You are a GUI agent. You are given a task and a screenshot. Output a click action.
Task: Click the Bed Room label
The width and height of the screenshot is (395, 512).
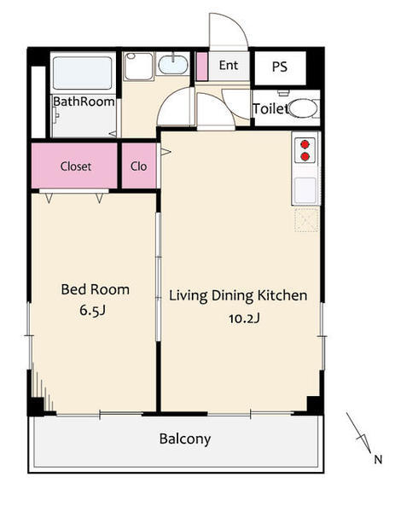point(95,289)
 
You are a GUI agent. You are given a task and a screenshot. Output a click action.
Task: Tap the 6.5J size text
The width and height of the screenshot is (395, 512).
point(93,311)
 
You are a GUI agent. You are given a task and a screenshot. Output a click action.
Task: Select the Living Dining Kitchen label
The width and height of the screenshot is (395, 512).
point(238,296)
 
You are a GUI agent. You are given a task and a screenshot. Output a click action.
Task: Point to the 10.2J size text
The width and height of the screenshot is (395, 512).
point(244,318)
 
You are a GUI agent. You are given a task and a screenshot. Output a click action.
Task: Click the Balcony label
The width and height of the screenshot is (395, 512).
point(185,439)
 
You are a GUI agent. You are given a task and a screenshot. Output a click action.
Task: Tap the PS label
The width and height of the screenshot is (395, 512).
point(280,67)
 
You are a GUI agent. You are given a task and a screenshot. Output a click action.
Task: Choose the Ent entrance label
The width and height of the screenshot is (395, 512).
point(229,66)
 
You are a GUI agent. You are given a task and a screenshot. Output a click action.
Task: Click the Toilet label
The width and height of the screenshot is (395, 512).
point(270,108)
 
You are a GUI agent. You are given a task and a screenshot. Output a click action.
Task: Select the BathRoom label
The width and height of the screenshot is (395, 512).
point(84,102)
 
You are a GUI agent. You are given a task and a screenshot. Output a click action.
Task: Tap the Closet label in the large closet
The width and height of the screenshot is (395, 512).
point(76,166)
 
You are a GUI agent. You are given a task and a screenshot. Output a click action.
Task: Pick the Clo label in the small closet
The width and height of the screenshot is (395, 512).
point(139,166)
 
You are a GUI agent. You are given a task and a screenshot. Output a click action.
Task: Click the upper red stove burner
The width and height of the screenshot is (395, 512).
point(305,144)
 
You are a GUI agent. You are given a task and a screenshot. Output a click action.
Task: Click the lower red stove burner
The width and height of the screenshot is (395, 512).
point(305,157)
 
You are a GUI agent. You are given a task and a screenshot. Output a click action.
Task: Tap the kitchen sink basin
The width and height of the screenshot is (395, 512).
point(305,190)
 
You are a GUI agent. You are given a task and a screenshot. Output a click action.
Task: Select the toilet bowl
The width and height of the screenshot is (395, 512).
point(303,108)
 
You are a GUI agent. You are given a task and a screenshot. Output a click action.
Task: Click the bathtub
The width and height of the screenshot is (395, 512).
point(82,73)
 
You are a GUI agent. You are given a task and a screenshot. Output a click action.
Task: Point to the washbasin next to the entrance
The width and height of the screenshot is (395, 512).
point(173,64)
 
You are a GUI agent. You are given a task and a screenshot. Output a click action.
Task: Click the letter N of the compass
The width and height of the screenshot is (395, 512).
point(378,460)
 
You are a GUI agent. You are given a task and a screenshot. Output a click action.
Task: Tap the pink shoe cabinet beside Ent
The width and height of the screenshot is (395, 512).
point(202,67)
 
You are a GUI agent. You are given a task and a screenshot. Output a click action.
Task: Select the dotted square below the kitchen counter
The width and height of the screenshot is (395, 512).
point(306,220)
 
